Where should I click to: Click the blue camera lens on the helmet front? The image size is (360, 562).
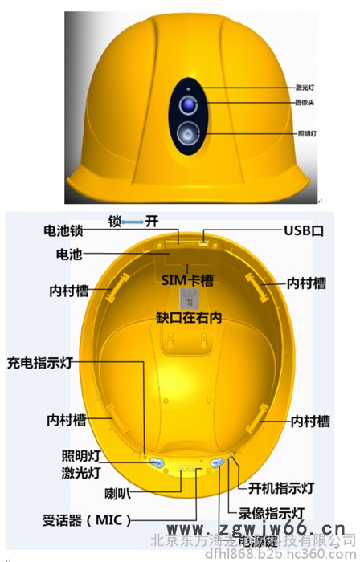(x=187, y=104)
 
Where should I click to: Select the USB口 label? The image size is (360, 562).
(x=304, y=231)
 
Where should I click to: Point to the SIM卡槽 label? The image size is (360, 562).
(x=187, y=279)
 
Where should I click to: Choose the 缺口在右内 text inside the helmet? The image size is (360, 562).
(x=189, y=318)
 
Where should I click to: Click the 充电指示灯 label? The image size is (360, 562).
(x=41, y=362)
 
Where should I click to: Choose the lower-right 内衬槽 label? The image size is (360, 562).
(x=309, y=421)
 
